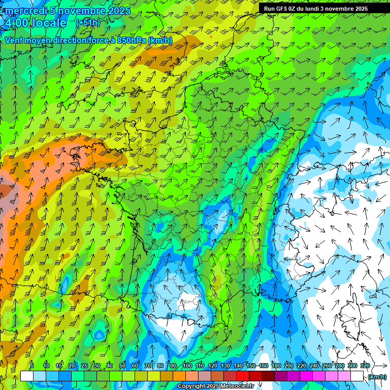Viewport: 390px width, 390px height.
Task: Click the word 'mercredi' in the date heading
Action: [24, 11]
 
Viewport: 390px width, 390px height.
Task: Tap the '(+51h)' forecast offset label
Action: [88, 23]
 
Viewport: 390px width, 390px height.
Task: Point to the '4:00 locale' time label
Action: [36, 23]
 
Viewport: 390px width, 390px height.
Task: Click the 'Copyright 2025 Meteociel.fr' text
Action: [215, 386]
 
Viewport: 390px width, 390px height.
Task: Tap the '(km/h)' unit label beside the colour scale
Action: [377, 376]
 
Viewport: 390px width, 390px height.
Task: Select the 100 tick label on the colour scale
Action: [187, 366]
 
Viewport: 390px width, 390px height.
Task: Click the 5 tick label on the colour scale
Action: [31, 366]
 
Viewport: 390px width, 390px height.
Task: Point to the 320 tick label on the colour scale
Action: [365, 366]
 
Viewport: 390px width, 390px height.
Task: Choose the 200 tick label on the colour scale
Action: [289, 366]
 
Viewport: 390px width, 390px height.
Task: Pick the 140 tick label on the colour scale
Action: [238, 366]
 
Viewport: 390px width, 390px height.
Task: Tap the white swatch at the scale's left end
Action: [27, 376]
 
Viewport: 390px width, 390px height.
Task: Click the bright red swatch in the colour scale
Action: [243, 376]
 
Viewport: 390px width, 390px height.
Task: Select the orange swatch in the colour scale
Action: [179, 376]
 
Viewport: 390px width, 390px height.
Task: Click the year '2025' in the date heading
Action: [118, 11]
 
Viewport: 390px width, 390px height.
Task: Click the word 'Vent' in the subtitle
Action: [14, 40]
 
